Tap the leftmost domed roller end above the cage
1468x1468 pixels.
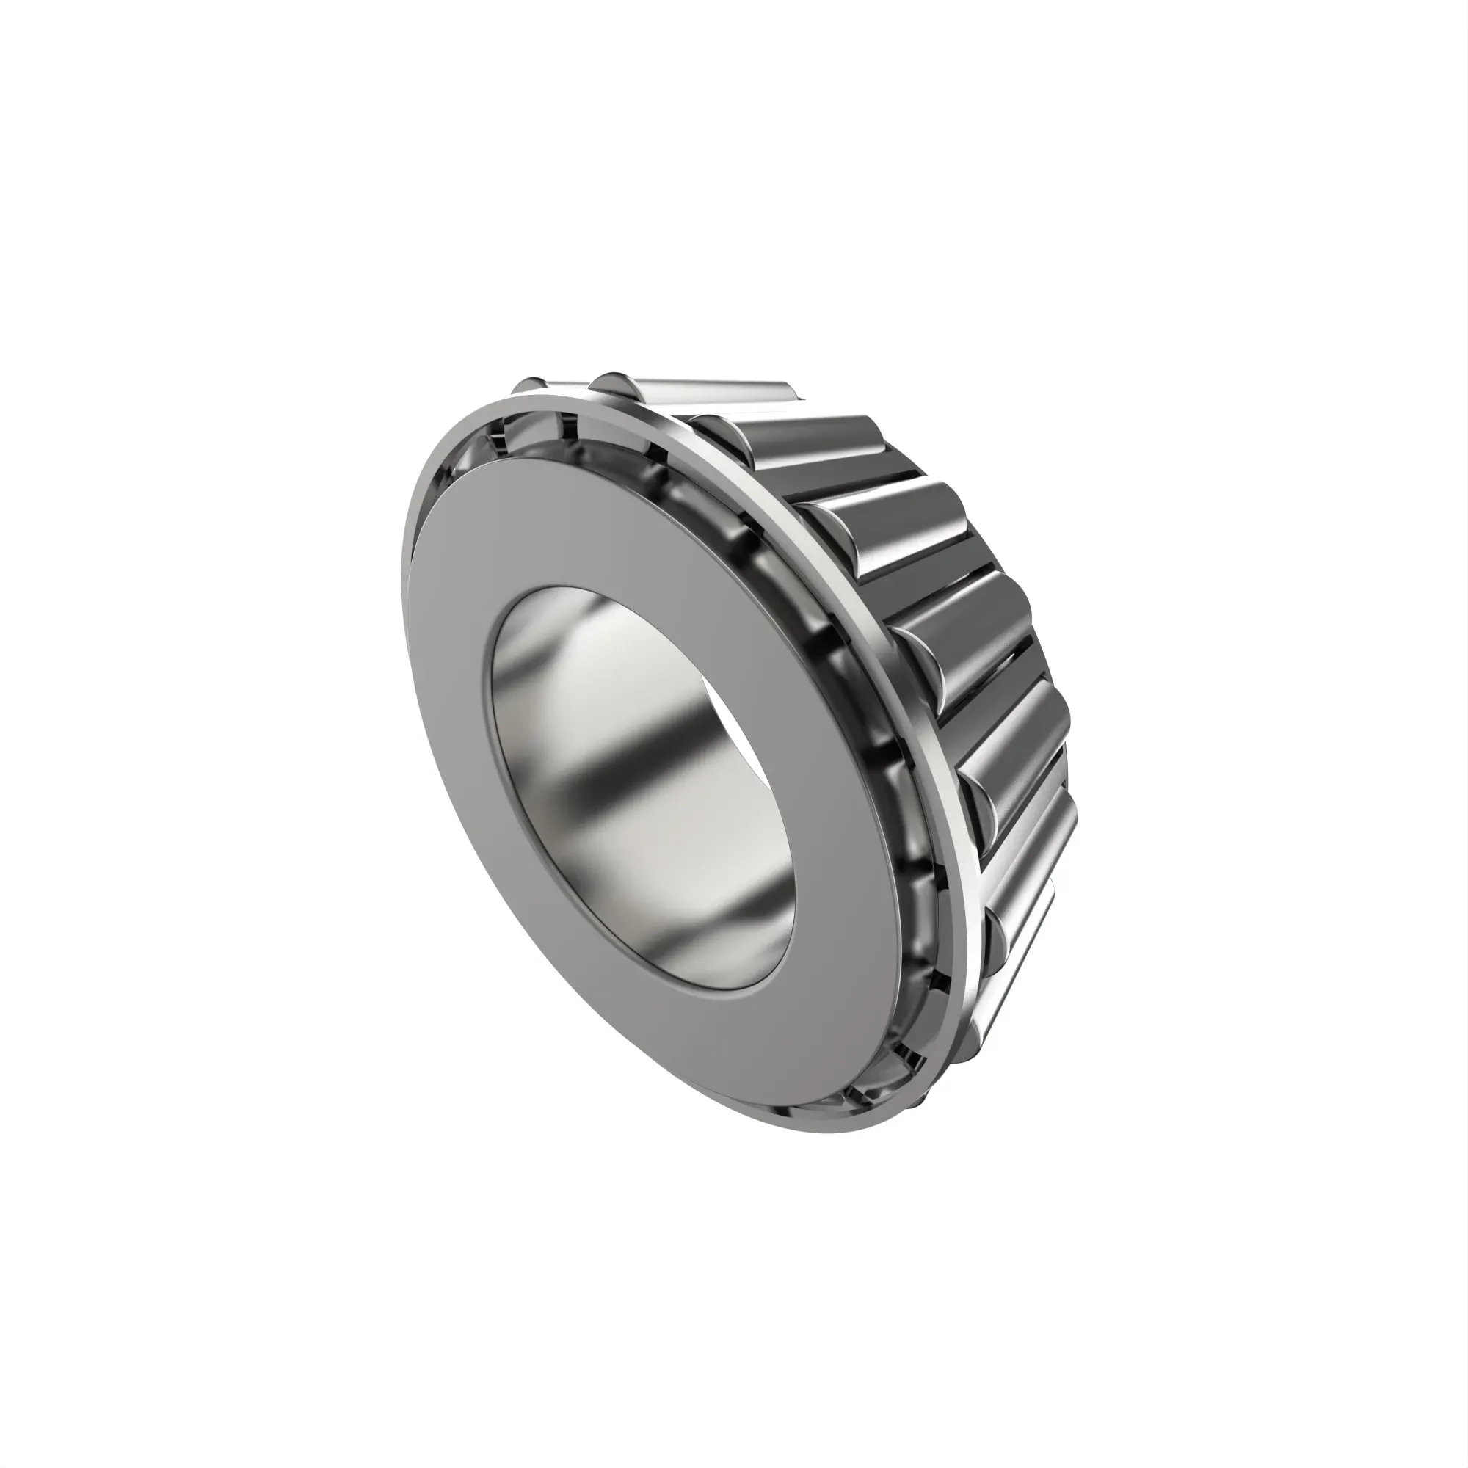[527, 385]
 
